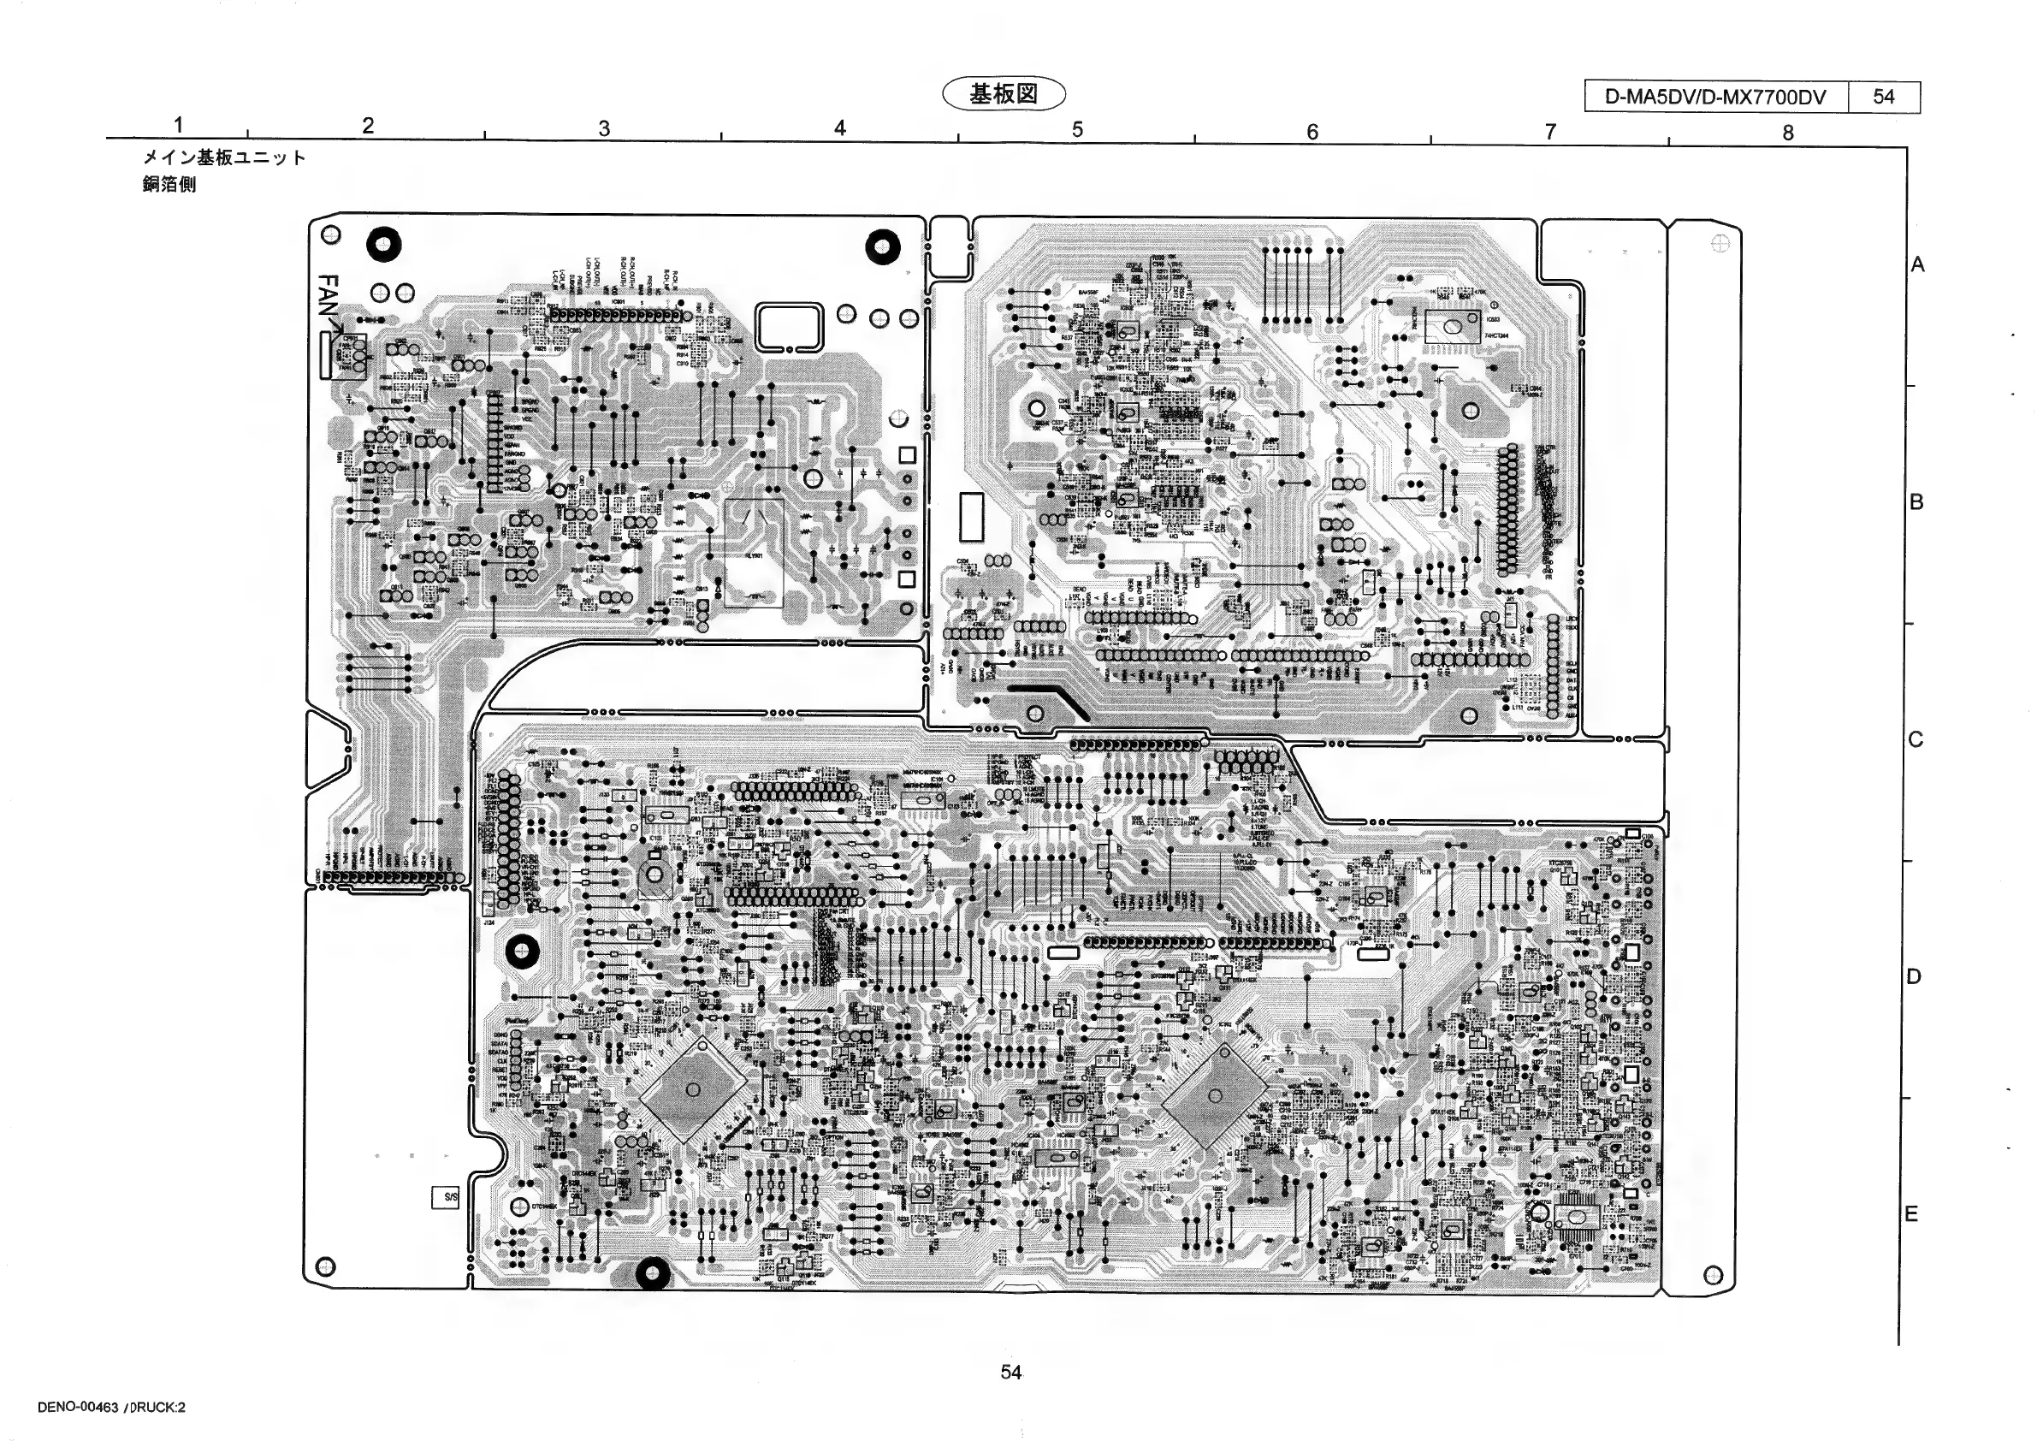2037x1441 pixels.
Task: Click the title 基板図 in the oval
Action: (x=1004, y=94)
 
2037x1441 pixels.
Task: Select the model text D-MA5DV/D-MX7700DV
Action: (x=1715, y=97)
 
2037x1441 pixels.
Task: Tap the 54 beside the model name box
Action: (x=1884, y=97)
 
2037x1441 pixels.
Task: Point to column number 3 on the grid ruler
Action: (x=604, y=128)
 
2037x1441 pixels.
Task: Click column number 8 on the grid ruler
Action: (x=1788, y=133)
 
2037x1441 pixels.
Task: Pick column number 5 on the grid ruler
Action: (x=1077, y=129)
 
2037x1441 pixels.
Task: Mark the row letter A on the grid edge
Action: (x=1917, y=264)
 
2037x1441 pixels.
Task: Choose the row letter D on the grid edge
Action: (x=1914, y=977)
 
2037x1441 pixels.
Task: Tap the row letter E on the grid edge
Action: (x=1913, y=1214)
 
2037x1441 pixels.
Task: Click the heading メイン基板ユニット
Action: (x=224, y=158)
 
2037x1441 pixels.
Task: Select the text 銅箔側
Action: (x=169, y=185)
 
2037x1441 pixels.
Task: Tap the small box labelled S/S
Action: (x=447, y=1197)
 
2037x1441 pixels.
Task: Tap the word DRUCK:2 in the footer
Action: (x=158, y=1408)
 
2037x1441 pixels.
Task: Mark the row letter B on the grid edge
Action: (x=1916, y=502)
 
